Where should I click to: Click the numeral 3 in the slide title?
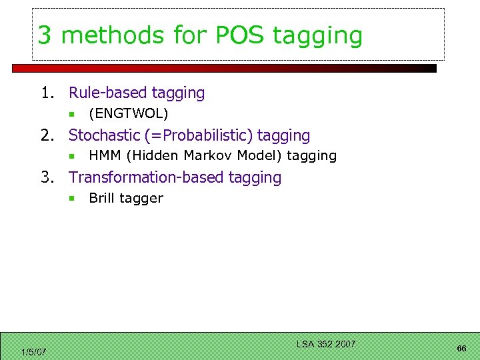(x=45, y=35)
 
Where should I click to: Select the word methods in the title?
(x=105, y=35)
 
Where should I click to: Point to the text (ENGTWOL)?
(x=128, y=114)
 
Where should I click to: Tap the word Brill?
(x=102, y=198)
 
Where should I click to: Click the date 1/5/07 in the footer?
(x=33, y=352)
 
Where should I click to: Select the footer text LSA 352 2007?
(x=326, y=344)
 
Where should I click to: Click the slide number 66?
(x=461, y=349)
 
